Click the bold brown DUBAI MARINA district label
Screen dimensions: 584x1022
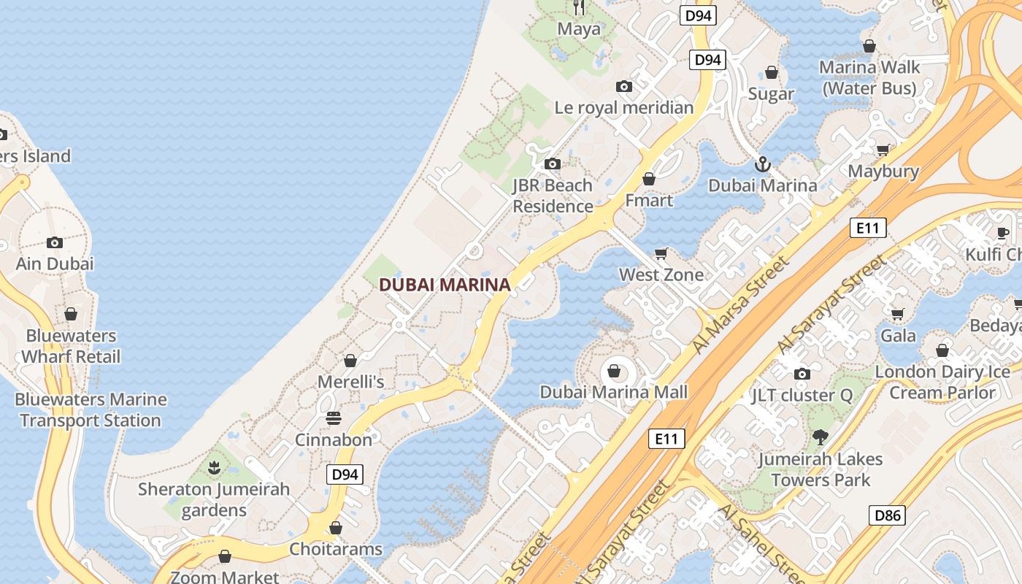pyautogui.click(x=445, y=285)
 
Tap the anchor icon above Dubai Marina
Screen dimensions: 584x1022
pyautogui.click(x=763, y=164)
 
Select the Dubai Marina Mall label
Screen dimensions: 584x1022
pyautogui.click(x=613, y=392)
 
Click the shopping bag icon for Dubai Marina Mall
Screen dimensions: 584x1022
pyautogui.click(x=614, y=372)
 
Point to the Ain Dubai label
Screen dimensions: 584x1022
pyautogui.click(x=55, y=264)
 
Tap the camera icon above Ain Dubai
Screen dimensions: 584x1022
pyautogui.click(x=55, y=242)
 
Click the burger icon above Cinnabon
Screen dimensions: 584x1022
pyautogui.click(x=334, y=418)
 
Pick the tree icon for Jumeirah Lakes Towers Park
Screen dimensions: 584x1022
pyautogui.click(x=821, y=437)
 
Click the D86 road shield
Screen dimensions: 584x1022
pyautogui.click(x=888, y=515)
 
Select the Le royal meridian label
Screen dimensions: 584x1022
pyautogui.click(x=624, y=108)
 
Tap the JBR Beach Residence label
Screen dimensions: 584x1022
pyautogui.click(x=553, y=196)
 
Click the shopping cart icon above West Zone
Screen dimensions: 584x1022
pyautogui.click(x=661, y=253)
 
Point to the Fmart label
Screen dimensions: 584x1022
pyautogui.click(x=649, y=200)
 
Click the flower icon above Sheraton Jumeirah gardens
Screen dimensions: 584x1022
pyautogui.click(x=214, y=467)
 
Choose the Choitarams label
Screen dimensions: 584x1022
pyautogui.click(x=336, y=549)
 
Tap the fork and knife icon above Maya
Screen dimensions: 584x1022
pyautogui.click(x=579, y=7)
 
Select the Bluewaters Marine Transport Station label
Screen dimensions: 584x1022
pyautogui.click(x=91, y=410)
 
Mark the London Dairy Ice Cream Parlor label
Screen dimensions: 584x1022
pyautogui.click(x=942, y=382)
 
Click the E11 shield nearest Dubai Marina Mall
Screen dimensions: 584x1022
pyautogui.click(x=666, y=439)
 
